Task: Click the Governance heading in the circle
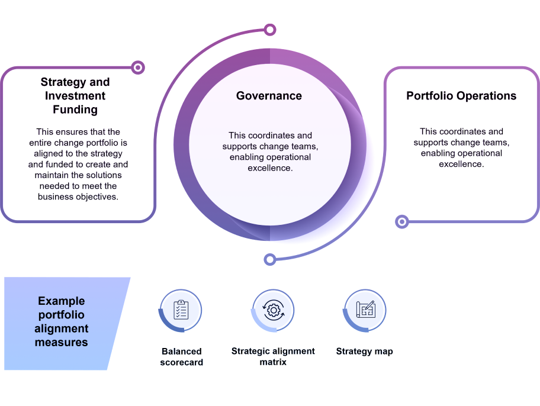pyautogui.click(x=269, y=96)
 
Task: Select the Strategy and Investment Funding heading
pyautogui.click(x=75, y=96)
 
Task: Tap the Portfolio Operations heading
pyautogui.click(x=461, y=96)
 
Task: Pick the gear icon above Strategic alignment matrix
pyautogui.click(x=273, y=310)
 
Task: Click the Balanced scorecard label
pyautogui.click(x=181, y=357)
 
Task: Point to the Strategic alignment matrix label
pyautogui.click(x=273, y=357)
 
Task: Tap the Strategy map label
pyautogui.click(x=364, y=352)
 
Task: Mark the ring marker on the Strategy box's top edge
pyautogui.click(x=138, y=67)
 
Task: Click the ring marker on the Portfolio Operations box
pyautogui.click(x=402, y=222)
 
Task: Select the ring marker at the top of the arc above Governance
pyautogui.click(x=270, y=30)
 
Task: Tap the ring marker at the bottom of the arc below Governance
pyautogui.click(x=270, y=259)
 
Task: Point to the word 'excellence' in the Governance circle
pyautogui.click(x=270, y=168)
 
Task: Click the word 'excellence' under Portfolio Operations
pyautogui.click(x=461, y=164)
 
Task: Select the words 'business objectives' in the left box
pyautogui.click(x=78, y=196)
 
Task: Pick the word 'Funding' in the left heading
pyautogui.click(x=75, y=110)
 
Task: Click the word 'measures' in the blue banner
pyautogui.click(x=62, y=343)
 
